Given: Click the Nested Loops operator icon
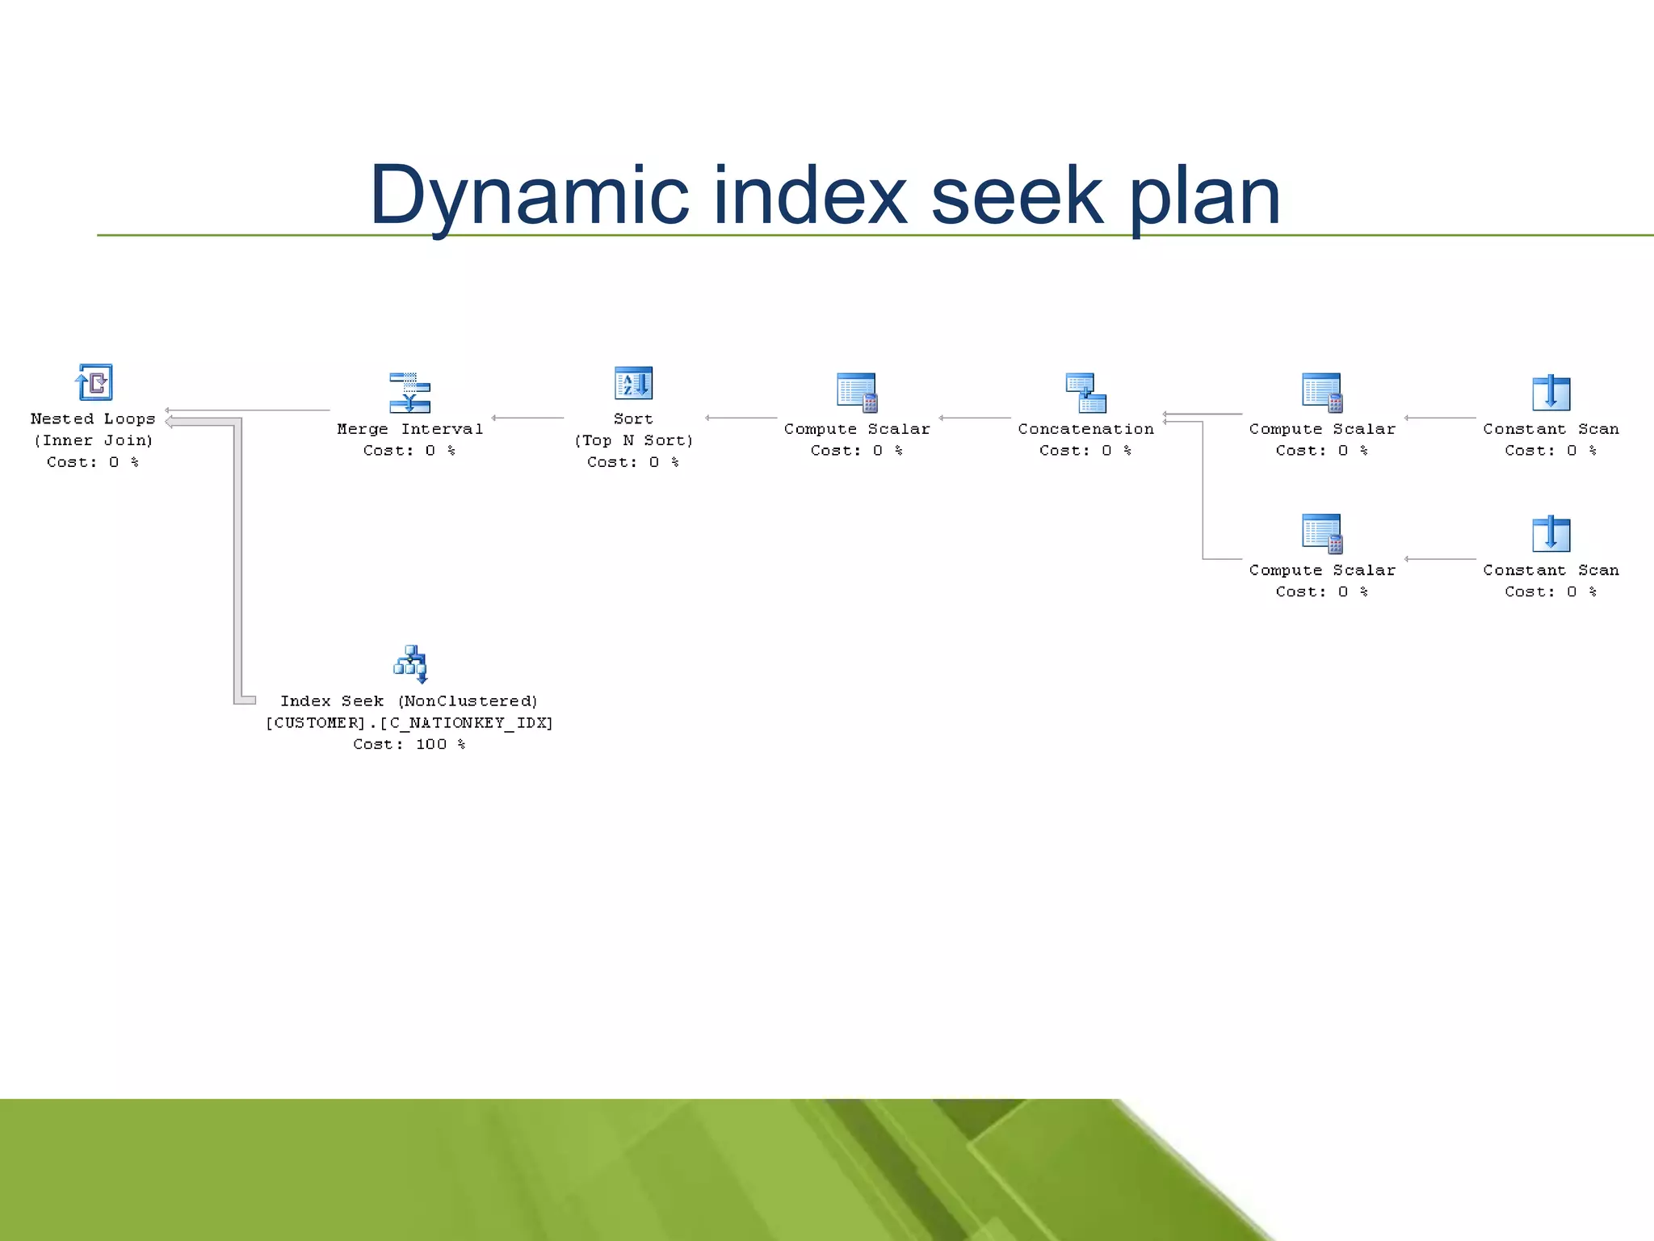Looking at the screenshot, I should point(94,382).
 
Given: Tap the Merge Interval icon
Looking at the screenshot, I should point(409,393).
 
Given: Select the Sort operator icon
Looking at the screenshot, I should point(633,383).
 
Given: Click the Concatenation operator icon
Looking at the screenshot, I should point(1085,393).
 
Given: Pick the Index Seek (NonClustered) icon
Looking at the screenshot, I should point(410,664).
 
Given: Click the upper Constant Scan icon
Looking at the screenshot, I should point(1551,393).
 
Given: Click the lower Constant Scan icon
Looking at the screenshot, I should point(1551,534).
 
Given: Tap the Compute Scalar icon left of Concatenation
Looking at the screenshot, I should point(857,393).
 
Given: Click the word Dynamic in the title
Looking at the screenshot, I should point(529,196).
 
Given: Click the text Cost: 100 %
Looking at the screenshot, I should point(409,744).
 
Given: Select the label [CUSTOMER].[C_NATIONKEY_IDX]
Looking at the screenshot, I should point(409,722).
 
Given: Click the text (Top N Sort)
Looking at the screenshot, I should point(633,440).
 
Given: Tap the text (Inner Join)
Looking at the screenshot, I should point(93,440).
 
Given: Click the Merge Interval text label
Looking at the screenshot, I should point(409,429).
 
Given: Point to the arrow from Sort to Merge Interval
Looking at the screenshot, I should point(527,418).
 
